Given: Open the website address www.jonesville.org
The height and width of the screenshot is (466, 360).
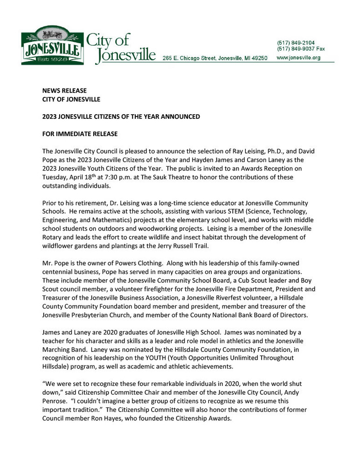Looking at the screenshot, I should click(x=299, y=58).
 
